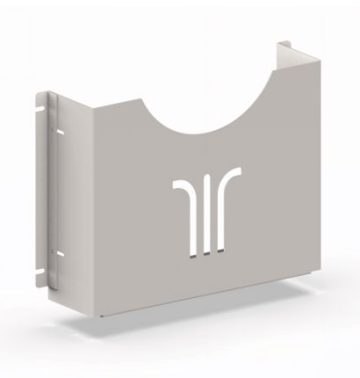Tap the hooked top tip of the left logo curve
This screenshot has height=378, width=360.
click(x=177, y=182)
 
